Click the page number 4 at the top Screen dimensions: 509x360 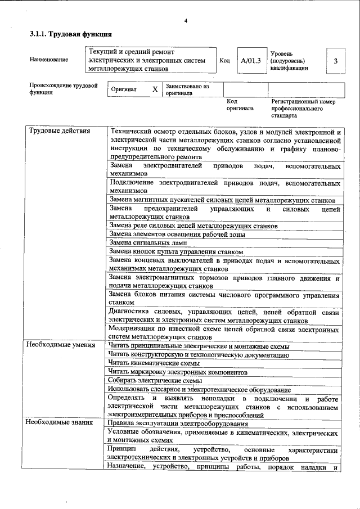pos(185,21)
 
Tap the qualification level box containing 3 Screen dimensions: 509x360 pos(335,61)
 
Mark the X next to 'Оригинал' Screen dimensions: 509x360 pos(155,89)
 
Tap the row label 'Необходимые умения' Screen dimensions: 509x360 pos(61,345)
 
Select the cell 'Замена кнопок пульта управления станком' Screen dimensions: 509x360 pos(176,251)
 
